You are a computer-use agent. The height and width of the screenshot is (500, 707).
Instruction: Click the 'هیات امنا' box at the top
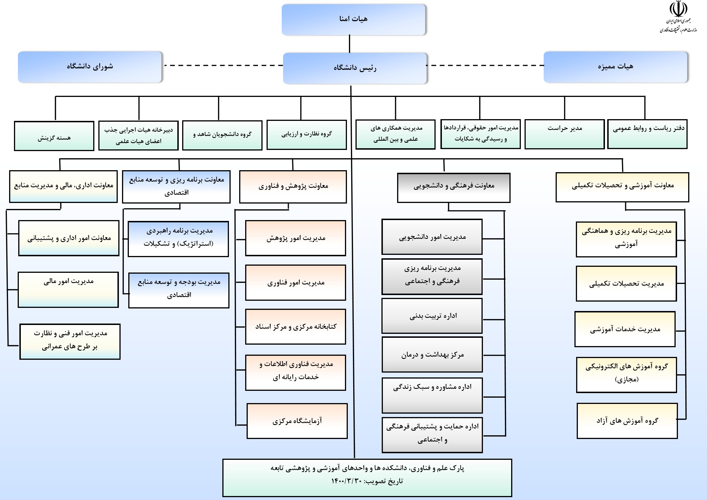353,19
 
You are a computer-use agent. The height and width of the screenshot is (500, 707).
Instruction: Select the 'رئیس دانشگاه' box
355,68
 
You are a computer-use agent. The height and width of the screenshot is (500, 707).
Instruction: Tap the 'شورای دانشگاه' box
90,67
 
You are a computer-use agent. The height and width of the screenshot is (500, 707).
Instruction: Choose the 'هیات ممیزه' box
615,67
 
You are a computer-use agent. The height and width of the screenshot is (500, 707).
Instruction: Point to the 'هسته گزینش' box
54,136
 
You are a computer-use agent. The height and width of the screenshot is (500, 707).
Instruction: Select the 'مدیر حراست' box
564,134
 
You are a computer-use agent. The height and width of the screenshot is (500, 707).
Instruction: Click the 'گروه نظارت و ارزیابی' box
306,135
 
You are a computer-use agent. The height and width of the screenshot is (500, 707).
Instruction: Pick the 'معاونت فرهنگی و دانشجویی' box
454,188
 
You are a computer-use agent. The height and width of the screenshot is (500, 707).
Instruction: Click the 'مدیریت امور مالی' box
68,289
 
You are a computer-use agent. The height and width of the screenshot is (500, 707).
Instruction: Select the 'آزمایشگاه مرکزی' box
297,420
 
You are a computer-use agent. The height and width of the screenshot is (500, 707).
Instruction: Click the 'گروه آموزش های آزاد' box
627,420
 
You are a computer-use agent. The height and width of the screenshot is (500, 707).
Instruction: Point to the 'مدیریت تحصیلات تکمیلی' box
626,284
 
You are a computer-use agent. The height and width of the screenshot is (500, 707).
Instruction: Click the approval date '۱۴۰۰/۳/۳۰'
346,481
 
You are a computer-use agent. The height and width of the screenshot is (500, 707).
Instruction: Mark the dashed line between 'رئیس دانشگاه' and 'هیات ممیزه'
485,65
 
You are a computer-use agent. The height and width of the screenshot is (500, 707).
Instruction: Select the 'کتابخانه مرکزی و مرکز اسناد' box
295,327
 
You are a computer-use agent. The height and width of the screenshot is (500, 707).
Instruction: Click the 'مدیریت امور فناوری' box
295,282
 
